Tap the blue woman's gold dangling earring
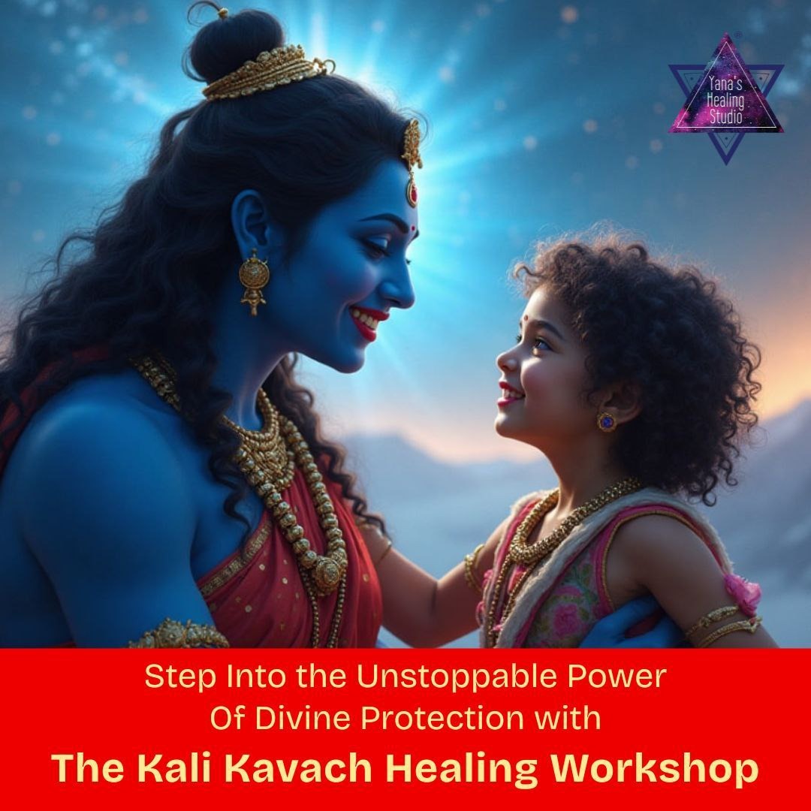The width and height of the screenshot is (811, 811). coord(254,282)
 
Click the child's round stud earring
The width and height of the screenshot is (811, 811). coord(606,421)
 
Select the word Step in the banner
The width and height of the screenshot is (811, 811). coord(173,677)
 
